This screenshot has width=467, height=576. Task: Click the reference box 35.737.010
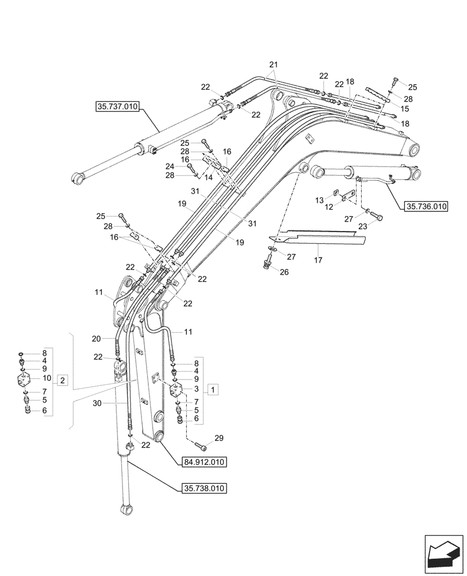pyautogui.click(x=117, y=107)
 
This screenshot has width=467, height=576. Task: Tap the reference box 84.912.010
pyautogui.click(x=205, y=462)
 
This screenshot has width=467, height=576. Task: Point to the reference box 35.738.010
pyautogui.click(x=205, y=488)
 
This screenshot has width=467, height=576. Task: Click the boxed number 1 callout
pyautogui.click(x=213, y=391)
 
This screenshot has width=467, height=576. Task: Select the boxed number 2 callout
pyautogui.click(x=63, y=380)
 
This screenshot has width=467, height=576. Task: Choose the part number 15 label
pyautogui.click(x=405, y=108)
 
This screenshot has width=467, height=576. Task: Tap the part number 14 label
pyautogui.click(x=209, y=178)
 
